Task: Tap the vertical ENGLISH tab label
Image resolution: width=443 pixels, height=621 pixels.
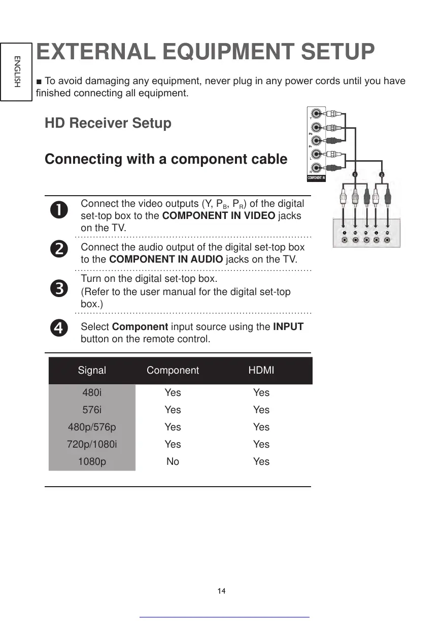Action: pos(17,71)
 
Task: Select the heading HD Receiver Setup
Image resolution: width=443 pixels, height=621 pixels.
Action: pos(108,123)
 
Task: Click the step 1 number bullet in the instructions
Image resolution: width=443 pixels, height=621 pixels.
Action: pos(59,210)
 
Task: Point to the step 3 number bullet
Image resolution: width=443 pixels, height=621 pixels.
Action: pos(59,288)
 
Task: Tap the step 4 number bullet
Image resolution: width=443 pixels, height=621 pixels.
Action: pos(59,328)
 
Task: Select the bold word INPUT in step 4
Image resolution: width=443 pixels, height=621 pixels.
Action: pos(288,326)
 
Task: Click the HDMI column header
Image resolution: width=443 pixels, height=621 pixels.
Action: pos(261,370)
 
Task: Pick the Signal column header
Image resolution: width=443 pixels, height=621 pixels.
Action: pos(92,370)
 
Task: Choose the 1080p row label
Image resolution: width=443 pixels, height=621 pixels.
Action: pos(92,461)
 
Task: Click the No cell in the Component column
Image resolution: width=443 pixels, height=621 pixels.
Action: pos(173,461)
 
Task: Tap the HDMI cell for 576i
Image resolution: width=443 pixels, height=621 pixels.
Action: pos(261,410)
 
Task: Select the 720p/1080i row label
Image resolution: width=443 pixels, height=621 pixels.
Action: pos(92,444)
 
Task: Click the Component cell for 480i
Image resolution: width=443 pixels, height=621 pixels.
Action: pos(173,392)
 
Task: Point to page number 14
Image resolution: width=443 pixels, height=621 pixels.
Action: pos(221,591)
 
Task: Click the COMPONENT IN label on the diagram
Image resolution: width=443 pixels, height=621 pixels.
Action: pos(316,178)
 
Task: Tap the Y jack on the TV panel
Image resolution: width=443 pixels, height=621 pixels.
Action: pos(317,114)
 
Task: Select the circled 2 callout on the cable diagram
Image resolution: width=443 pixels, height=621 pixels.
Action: pos(382,174)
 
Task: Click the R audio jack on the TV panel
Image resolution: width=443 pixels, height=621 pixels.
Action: pos(317,167)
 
